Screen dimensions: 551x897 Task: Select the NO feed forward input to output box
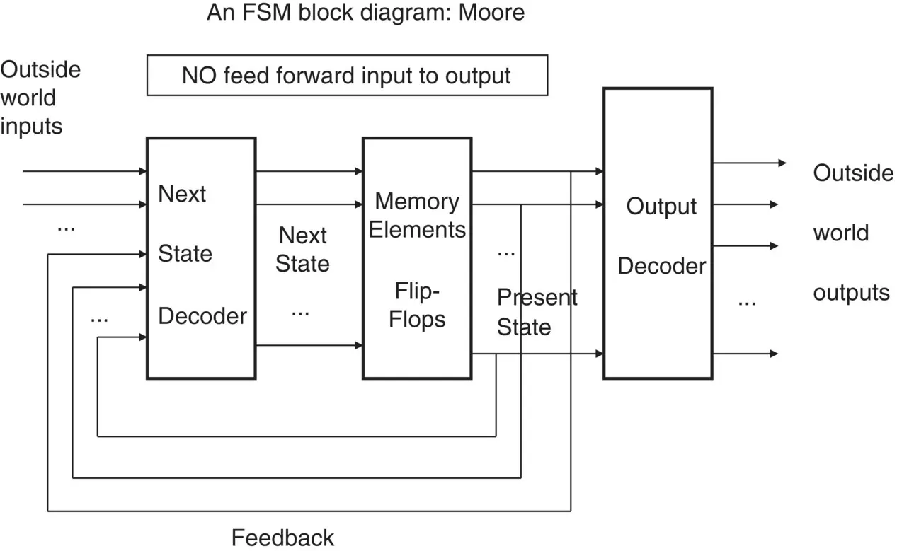pyautogui.click(x=346, y=75)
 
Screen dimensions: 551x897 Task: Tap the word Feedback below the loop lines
pyautogui.click(x=282, y=538)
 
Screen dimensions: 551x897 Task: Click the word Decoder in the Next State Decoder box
pyautogui.click(x=202, y=315)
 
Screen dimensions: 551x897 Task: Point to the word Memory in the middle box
pyautogui.click(x=417, y=202)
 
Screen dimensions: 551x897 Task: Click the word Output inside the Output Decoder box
pyautogui.click(x=661, y=207)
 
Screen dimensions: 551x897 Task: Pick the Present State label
pyautogui.click(x=536, y=312)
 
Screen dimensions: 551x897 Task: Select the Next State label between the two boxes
pyautogui.click(x=302, y=250)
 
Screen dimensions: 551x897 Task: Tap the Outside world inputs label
pyautogui.click(x=40, y=98)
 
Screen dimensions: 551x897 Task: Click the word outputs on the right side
pyautogui.click(x=851, y=292)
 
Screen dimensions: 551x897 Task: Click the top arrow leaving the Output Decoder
pyautogui.click(x=749, y=163)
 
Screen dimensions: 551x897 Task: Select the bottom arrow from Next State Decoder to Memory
pyautogui.click(x=309, y=345)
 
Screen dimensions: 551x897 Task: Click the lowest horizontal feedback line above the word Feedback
pyautogui.click(x=309, y=510)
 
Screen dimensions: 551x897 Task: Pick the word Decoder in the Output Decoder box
pyautogui.click(x=661, y=266)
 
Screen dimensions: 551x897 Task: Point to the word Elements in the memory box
pyautogui.click(x=417, y=230)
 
